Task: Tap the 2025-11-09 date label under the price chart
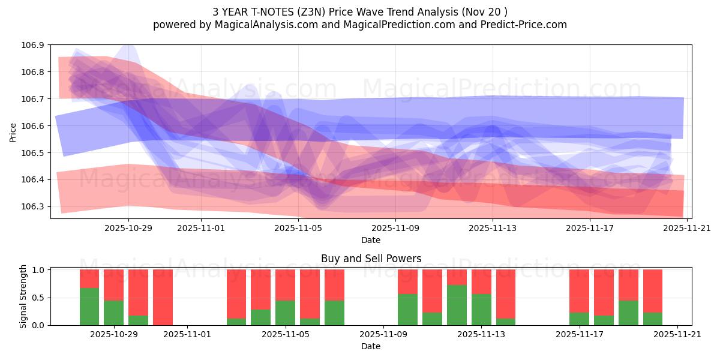click(395, 228)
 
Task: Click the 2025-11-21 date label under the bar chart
click(677, 335)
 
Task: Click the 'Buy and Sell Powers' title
click(371, 259)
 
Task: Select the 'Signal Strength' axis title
click(23, 296)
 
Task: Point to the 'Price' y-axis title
click(13, 131)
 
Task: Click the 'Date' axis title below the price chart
click(371, 240)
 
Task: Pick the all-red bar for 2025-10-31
click(163, 297)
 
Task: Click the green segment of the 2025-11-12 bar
click(457, 305)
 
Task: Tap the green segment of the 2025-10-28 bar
click(89, 307)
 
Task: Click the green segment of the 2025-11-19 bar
click(628, 313)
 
